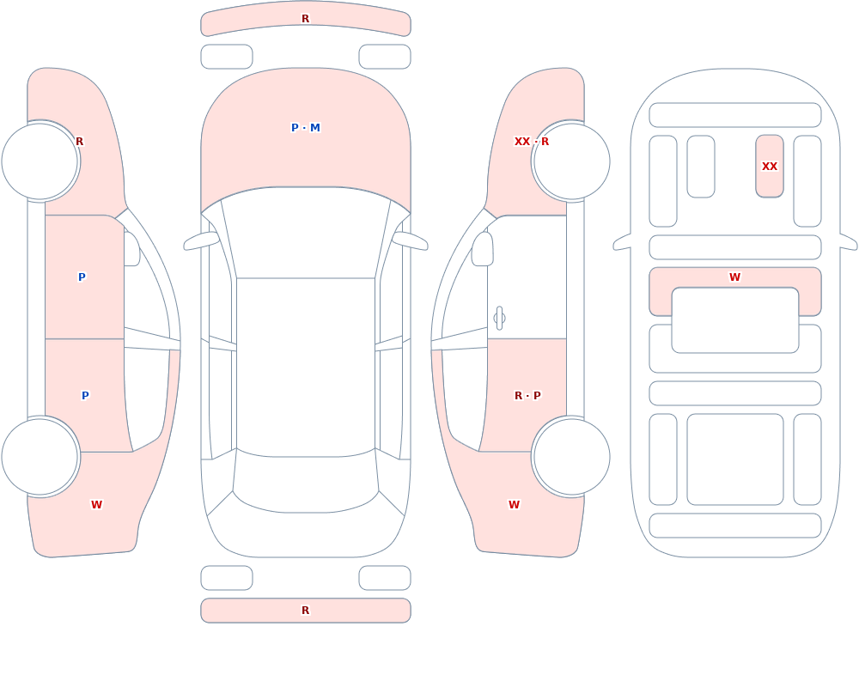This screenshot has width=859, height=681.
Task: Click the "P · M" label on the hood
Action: click(306, 128)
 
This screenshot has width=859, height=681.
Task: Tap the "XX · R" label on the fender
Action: click(532, 142)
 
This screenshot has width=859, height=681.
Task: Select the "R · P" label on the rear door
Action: click(527, 396)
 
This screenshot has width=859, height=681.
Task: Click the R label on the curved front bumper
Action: click(306, 19)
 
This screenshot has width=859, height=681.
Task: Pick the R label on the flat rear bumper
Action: click(306, 611)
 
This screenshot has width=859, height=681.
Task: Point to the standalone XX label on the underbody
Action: click(770, 166)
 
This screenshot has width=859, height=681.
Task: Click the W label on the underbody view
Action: click(735, 277)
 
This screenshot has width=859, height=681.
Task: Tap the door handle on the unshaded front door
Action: click(499, 319)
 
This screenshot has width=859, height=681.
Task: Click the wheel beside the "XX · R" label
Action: click(571, 161)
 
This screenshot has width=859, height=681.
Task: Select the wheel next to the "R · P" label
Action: click(571, 457)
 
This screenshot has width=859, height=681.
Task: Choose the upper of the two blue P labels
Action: click(82, 277)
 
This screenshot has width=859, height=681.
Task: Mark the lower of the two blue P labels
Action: click(85, 396)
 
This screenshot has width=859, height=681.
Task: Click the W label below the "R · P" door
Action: click(514, 505)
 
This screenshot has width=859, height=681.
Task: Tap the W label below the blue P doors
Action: click(96, 505)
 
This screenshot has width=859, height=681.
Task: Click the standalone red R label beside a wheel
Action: click(79, 142)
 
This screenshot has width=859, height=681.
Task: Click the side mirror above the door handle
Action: click(482, 249)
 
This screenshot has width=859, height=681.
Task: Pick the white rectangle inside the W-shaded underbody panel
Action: click(735, 320)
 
